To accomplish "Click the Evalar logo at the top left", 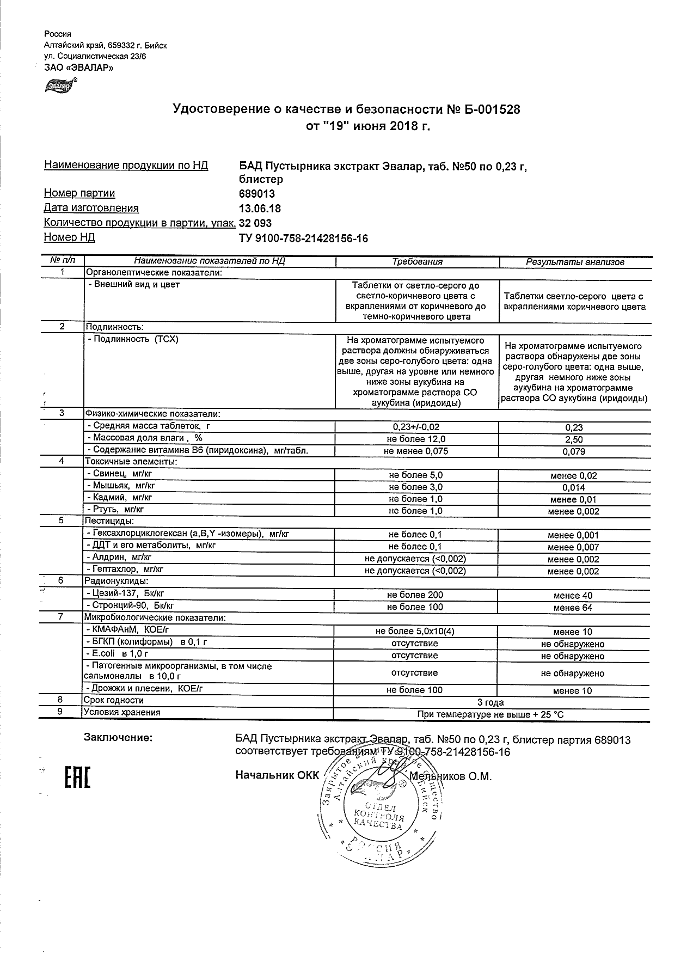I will point(59,85).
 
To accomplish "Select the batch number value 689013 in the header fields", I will point(257,194).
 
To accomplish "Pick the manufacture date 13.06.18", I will point(260,209).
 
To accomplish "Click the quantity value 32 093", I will point(255,223).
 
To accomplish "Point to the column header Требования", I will point(417,262).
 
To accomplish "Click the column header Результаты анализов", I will point(575,262).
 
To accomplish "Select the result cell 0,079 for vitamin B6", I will point(574,451).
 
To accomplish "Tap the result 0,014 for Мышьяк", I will point(574,487).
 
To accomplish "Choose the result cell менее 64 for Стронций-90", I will point(573,608).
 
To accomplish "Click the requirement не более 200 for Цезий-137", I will point(415,595).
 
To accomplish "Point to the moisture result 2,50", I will point(574,439).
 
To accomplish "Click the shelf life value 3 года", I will point(490,702).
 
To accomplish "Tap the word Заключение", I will point(118,738).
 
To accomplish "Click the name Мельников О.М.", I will point(450,776).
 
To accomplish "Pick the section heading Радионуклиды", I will point(116,581).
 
